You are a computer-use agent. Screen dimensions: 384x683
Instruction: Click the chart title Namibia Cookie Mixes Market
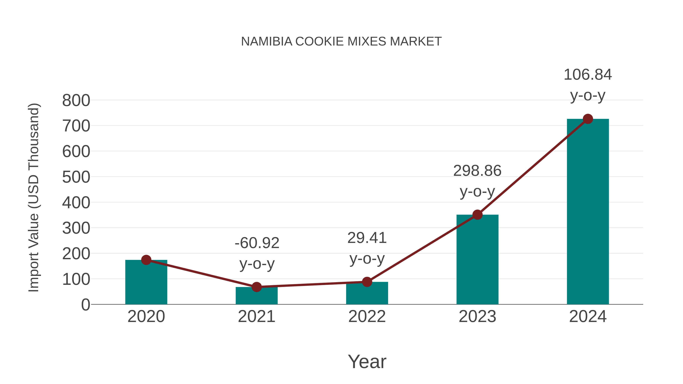click(341, 42)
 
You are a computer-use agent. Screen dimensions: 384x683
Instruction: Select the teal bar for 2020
click(146, 283)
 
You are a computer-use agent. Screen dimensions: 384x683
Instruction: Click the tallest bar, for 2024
click(588, 212)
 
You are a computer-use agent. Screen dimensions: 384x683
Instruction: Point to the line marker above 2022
click(367, 282)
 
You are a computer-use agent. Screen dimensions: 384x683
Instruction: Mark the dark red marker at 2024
click(588, 119)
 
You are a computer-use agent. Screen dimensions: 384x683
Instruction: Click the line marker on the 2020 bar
click(146, 260)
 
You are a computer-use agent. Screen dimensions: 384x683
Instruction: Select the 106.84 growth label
click(588, 75)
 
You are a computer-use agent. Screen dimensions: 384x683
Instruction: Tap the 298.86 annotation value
click(477, 171)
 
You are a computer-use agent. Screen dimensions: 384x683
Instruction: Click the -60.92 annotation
click(257, 243)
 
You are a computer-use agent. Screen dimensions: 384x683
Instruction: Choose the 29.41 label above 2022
click(367, 238)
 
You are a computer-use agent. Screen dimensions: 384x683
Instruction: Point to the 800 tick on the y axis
click(76, 101)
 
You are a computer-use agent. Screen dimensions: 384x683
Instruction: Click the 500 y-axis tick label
click(76, 177)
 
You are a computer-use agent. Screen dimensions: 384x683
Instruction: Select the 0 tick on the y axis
click(85, 305)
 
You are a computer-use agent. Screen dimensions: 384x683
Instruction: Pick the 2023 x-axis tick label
click(477, 316)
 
